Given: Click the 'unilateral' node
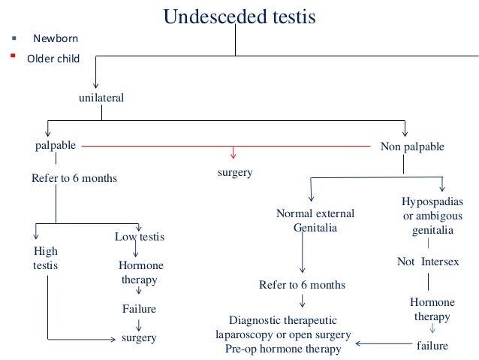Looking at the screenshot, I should (x=101, y=98).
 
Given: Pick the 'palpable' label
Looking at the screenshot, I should (x=56, y=145).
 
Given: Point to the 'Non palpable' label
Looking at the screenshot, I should (x=412, y=147).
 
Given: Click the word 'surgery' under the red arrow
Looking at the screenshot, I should (x=234, y=172).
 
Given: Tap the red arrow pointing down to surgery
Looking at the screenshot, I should (x=233, y=153).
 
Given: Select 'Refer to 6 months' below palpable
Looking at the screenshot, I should (x=74, y=179).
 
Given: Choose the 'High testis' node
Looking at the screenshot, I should (x=46, y=258).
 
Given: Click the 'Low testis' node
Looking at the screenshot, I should (x=139, y=237).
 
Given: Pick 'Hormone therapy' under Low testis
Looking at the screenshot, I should (x=140, y=273).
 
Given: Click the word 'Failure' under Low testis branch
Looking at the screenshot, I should (x=139, y=308).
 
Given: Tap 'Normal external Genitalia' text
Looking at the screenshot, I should (x=315, y=220).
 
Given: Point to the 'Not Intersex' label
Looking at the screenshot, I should (x=427, y=262).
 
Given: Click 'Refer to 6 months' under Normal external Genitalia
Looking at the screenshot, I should (x=302, y=285).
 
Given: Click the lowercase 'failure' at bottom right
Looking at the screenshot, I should (x=432, y=346).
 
